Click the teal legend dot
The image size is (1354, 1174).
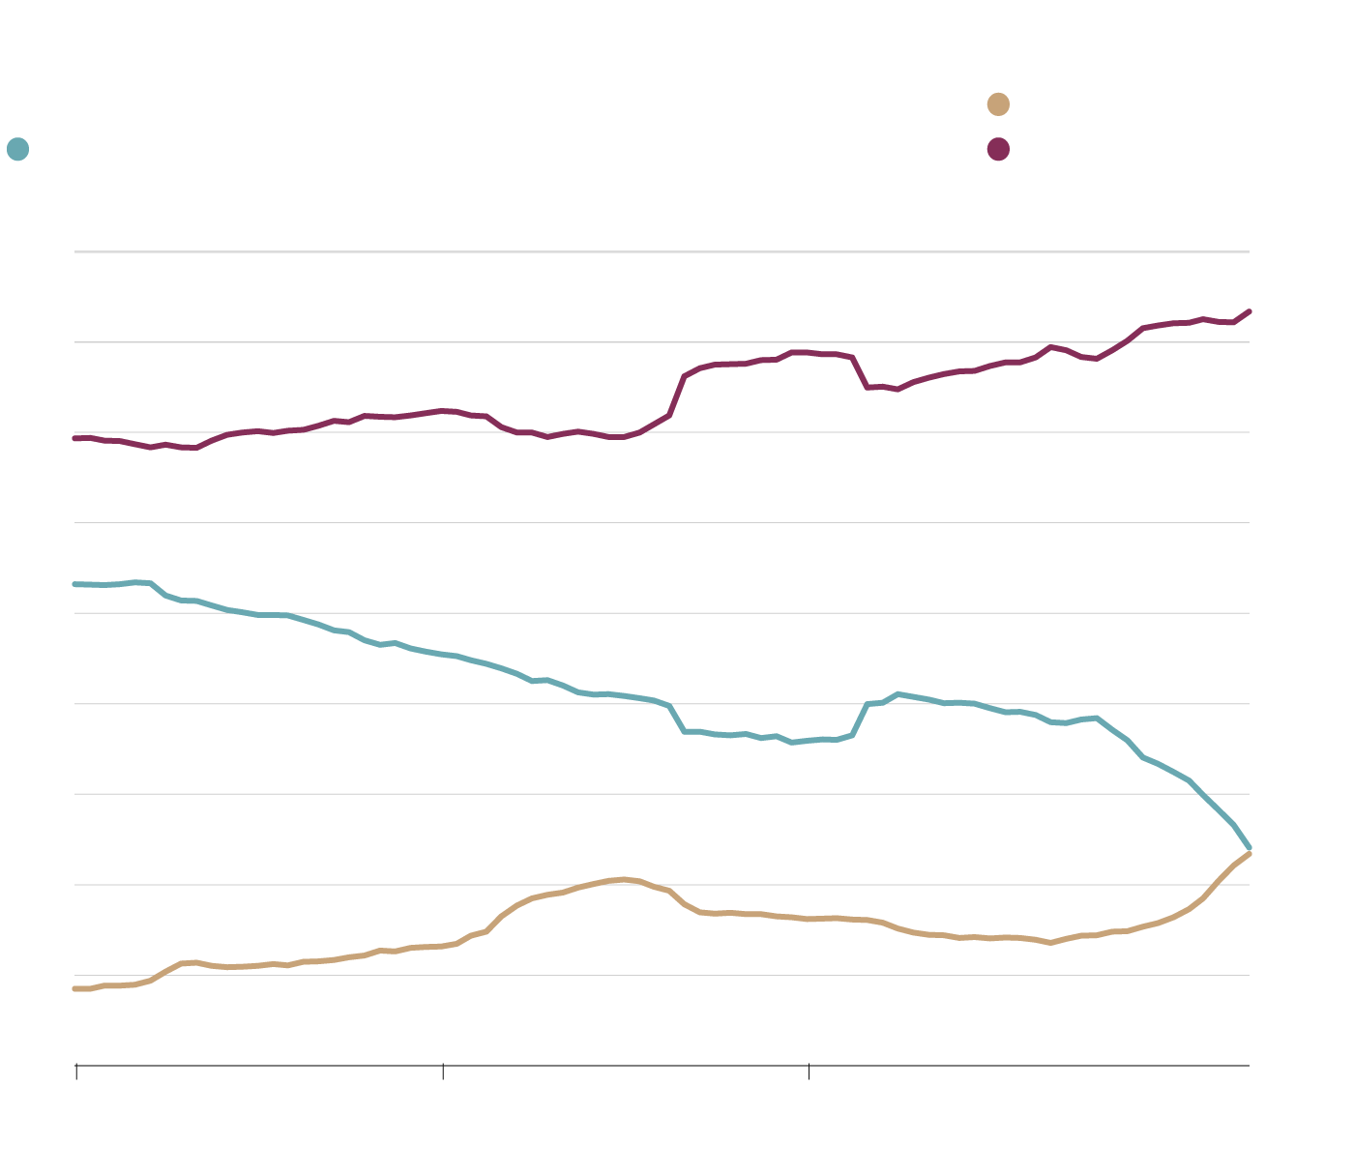coord(17,149)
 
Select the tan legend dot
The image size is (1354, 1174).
coord(998,104)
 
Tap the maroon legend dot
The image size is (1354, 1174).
coord(998,149)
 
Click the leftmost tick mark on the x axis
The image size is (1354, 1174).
coord(76,1070)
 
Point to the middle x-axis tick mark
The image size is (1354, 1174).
coord(443,1070)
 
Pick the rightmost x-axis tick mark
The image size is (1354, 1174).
coord(809,1070)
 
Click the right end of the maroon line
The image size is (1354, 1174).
coord(1250,311)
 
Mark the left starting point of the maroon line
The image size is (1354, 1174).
coord(75,438)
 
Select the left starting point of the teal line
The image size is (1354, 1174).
coord(75,584)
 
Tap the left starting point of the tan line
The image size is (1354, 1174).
coord(75,988)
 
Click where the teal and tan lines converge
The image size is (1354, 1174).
coord(1250,850)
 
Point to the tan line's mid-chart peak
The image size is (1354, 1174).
coord(624,879)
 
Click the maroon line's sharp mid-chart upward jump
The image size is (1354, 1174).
coord(677,395)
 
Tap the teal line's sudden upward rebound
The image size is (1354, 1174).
coord(860,719)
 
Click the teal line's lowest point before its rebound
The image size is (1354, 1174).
coord(792,743)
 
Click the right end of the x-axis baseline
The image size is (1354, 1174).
coord(1250,1066)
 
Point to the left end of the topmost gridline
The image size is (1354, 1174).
coord(75,251)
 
